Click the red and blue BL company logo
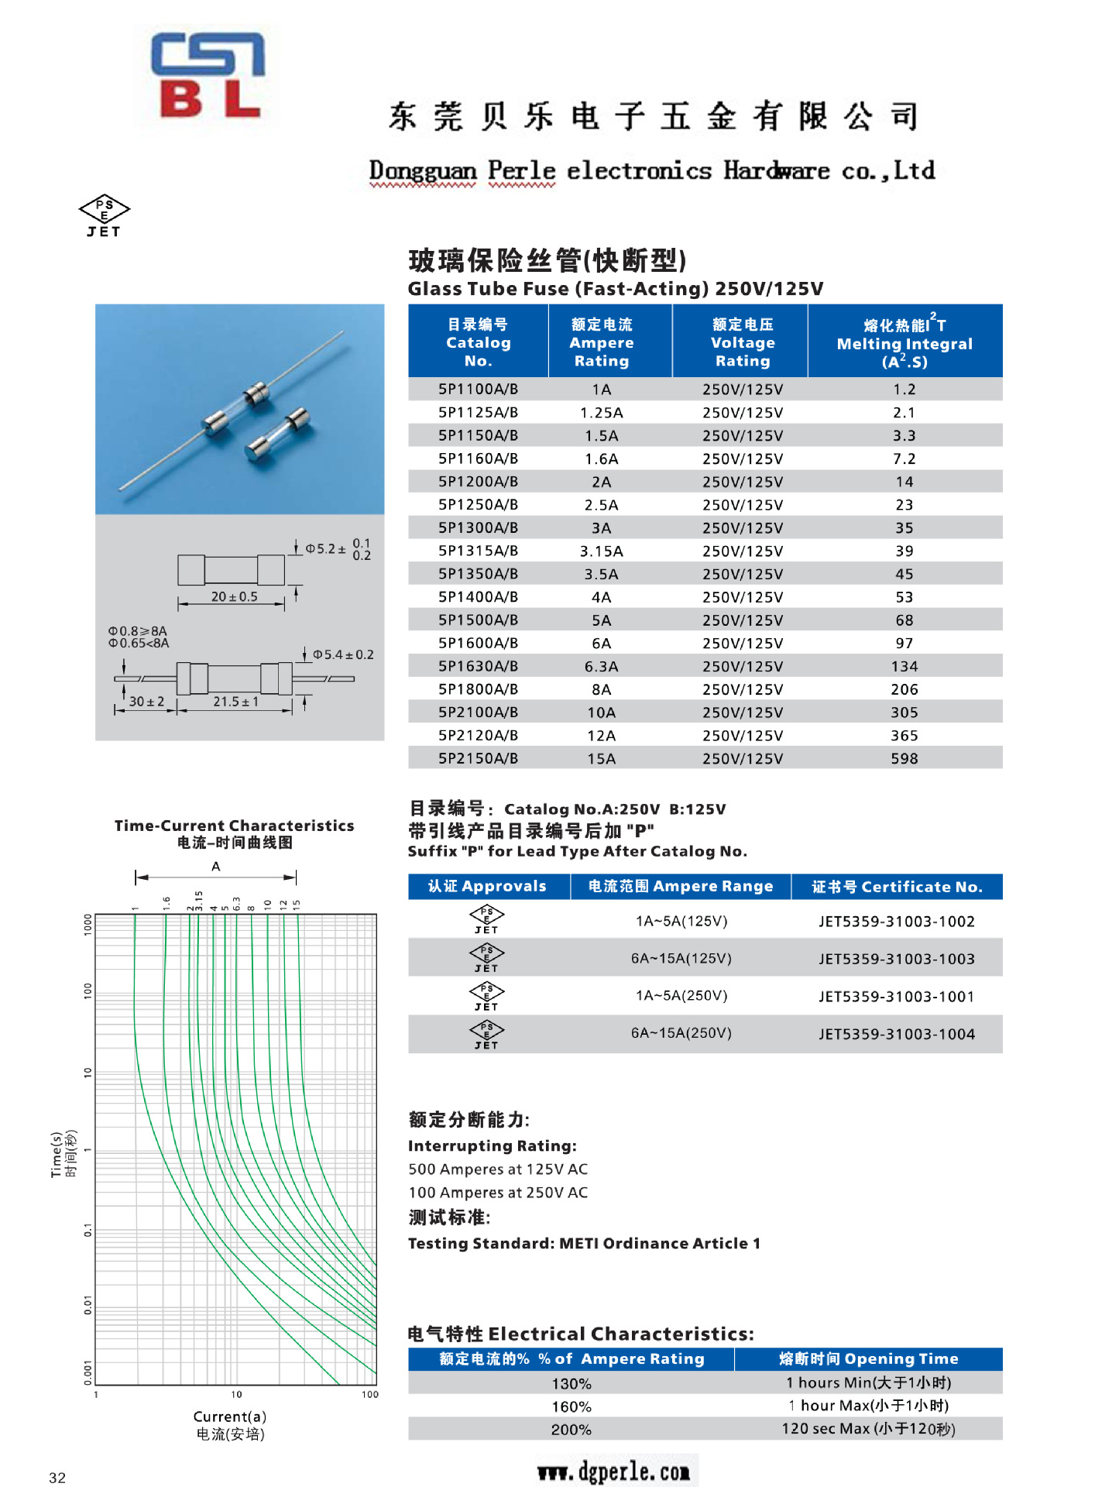tap(208, 75)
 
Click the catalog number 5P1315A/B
tap(478, 551)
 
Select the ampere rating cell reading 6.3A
tap(601, 666)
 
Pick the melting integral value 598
tap(904, 758)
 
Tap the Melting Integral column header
tap(904, 342)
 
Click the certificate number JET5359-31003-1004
tap(896, 1034)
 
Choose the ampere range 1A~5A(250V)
tap(681, 995)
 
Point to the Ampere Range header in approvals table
tap(680, 886)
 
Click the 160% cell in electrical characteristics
tap(571, 1406)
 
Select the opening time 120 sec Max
tap(868, 1429)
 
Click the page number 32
tap(57, 1478)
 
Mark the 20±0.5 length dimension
tap(234, 596)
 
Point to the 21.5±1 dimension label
tap(235, 702)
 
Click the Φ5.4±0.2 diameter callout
tap(343, 654)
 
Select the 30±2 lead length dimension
tap(146, 702)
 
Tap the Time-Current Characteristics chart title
tap(234, 826)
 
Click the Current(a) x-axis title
tap(230, 1417)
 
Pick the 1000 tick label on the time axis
tap(88, 924)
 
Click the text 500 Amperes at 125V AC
tap(498, 1169)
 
